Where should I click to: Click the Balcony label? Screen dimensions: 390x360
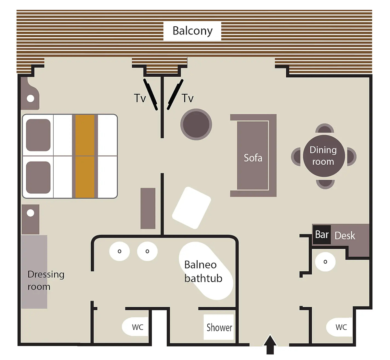pos(192,31)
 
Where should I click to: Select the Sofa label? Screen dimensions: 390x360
pos(253,158)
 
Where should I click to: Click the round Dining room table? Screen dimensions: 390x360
pos(324,156)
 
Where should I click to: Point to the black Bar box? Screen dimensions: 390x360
pos(322,235)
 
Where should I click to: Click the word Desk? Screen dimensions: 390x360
pos(345,236)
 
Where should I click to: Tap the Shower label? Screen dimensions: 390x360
pos(219,328)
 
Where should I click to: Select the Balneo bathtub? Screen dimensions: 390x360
pos(206,271)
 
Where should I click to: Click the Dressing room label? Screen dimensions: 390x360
pos(46,280)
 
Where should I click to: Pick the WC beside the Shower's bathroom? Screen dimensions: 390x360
pos(135,327)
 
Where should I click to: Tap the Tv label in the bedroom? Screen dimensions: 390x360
pos(140,98)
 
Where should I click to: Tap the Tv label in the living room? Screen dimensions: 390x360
pos(188,98)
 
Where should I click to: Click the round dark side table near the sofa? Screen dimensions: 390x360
pos(196,124)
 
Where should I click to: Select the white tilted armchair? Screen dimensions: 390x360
pos(191,208)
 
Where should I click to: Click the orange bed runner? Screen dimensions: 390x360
pos(85,156)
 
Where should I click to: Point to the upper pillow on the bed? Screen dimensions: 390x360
pos(38,135)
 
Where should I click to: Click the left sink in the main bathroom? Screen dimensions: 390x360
pos(119,251)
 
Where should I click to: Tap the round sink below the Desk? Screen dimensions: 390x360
pos(325,262)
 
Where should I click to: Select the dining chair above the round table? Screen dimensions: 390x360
pos(324,128)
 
